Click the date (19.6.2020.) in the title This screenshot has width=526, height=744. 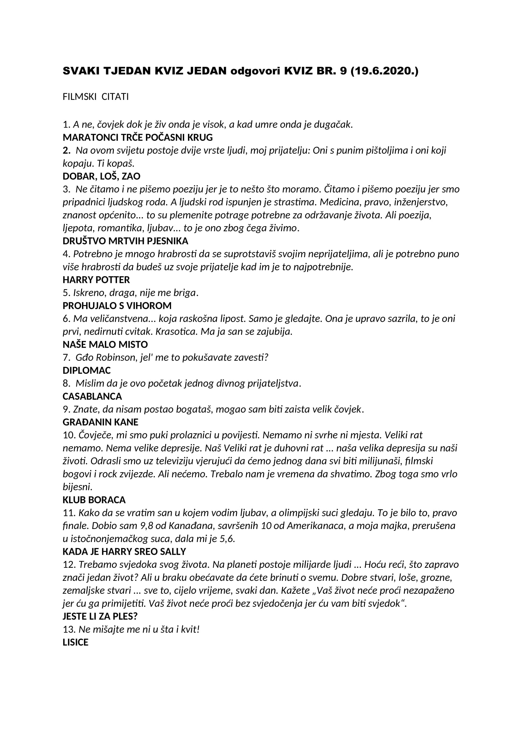(x=384, y=71)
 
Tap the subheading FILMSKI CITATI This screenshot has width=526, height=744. (x=95, y=97)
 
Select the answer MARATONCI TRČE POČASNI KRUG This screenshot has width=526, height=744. (x=138, y=137)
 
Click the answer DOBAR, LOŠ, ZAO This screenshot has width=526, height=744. (x=101, y=176)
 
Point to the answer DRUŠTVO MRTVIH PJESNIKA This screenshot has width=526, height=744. (x=125, y=241)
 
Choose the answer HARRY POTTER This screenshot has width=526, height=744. (x=96, y=280)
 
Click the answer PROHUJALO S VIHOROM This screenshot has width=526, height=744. (x=117, y=306)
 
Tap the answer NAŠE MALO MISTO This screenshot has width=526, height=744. (x=105, y=344)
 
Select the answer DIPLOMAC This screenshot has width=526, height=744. (x=87, y=370)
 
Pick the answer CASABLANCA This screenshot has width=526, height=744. (x=92, y=396)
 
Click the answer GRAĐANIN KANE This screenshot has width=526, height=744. (x=100, y=422)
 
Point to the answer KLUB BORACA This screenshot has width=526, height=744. (x=94, y=500)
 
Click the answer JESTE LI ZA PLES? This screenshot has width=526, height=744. (x=100, y=616)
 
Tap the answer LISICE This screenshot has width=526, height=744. (x=75, y=642)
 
